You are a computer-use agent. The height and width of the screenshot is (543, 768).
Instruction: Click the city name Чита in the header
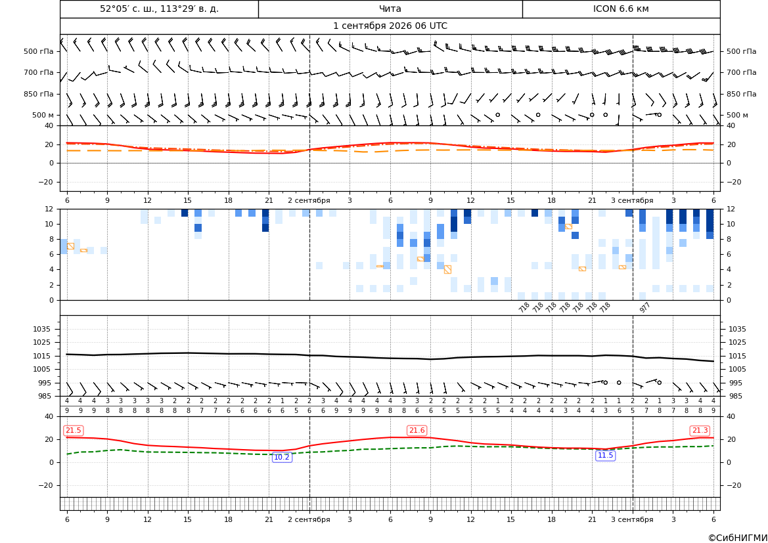click(x=390, y=9)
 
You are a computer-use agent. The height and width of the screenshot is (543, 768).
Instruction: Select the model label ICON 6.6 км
click(x=621, y=9)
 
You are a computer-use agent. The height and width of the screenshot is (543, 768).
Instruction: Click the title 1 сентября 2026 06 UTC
click(x=390, y=26)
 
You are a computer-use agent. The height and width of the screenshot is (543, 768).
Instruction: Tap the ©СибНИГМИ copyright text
click(x=737, y=538)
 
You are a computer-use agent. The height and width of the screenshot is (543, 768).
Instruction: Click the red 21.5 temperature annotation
click(x=74, y=430)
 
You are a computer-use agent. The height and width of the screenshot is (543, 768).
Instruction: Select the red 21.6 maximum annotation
click(x=417, y=430)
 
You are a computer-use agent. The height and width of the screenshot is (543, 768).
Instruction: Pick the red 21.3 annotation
click(x=700, y=430)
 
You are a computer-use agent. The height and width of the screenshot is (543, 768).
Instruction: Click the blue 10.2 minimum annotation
click(x=282, y=457)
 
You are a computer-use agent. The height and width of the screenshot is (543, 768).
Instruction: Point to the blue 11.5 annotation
click(x=605, y=456)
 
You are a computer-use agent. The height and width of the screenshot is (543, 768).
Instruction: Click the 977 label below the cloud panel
click(x=644, y=307)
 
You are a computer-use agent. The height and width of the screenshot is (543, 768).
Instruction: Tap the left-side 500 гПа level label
click(x=38, y=51)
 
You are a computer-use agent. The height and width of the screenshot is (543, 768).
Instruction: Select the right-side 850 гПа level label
click(x=742, y=94)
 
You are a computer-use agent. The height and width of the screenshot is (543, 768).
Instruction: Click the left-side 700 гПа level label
click(x=38, y=72)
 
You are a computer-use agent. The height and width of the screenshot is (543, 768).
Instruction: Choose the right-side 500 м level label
click(x=737, y=115)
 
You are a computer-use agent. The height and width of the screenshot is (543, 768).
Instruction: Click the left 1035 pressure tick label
click(x=47, y=329)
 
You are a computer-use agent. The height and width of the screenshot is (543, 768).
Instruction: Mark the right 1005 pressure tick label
click(x=737, y=369)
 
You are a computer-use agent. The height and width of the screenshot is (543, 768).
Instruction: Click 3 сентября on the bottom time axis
click(x=632, y=519)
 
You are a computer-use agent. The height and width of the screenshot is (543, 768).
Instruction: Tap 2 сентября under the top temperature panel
click(x=309, y=200)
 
